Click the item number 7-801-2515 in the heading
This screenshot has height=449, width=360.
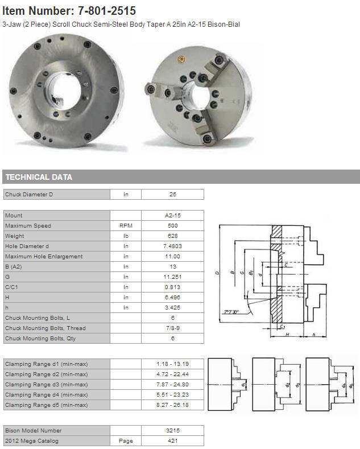[x=107, y=11]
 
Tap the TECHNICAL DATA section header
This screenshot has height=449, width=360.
[x=39, y=177]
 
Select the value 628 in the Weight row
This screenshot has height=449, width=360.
[x=172, y=236]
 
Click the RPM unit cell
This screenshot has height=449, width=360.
[x=126, y=226]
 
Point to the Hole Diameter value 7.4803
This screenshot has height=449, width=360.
[x=172, y=246]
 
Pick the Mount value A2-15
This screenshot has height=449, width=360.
[x=172, y=215]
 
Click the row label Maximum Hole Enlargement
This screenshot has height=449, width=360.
[x=44, y=257]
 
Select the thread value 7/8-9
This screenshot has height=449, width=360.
[x=172, y=328]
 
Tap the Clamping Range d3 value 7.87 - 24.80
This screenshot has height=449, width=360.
[x=172, y=385]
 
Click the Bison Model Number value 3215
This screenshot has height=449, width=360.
[x=172, y=431]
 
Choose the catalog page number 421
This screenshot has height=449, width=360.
[x=172, y=441]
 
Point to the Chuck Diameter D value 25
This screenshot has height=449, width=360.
[x=172, y=195]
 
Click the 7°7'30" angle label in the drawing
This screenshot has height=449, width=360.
[x=231, y=312]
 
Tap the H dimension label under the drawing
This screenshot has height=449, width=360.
[x=287, y=335]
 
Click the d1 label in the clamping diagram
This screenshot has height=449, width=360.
[x=243, y=385]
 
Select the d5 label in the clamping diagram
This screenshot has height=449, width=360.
[x=351, y=385]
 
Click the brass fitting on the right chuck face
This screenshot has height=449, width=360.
[x=181, y=59]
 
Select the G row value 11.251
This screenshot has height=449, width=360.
[x=172, y=277]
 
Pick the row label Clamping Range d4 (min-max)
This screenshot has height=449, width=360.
[x=47, y=395]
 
